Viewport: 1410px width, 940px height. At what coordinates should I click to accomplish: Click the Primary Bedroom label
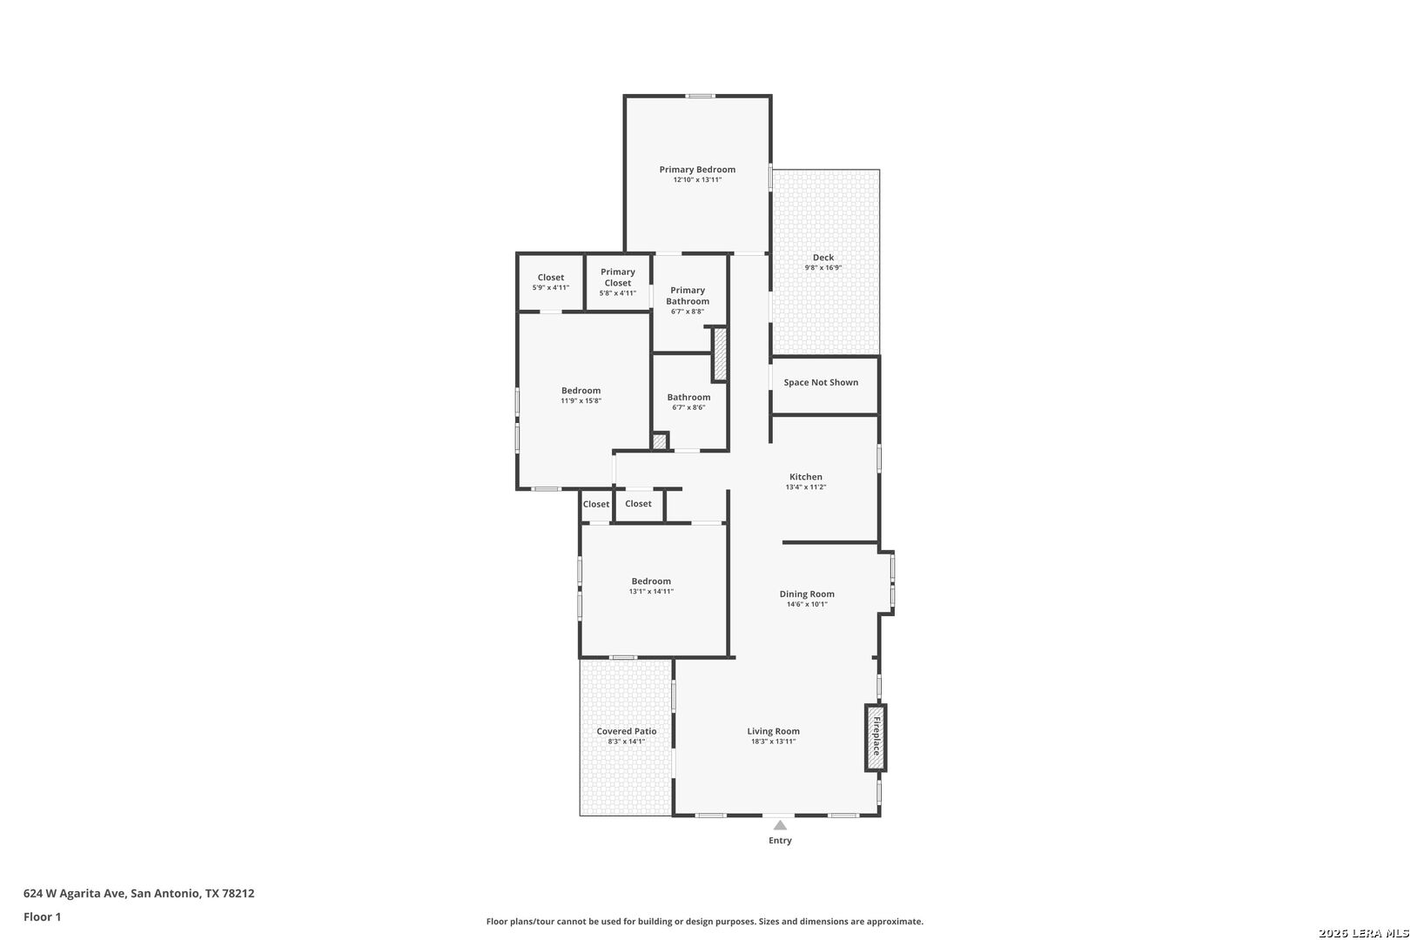(697, 170)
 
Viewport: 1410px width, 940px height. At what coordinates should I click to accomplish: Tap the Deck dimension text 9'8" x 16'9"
(822, 268)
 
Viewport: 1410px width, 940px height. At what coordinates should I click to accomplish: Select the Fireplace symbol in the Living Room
(876, 738)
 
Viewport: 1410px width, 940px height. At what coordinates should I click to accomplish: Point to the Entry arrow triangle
(780, 825)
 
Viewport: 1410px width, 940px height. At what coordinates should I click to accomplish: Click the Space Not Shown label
(821, 383)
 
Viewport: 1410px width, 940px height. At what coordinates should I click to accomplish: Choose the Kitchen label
(806, 477)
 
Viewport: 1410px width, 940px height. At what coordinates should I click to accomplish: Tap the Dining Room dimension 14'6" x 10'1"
(807, 604)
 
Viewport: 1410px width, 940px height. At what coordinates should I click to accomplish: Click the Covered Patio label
(627, 731)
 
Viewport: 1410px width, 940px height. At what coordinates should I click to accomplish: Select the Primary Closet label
(618, 277)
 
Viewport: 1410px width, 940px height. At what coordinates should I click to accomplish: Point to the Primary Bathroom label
(688, 296)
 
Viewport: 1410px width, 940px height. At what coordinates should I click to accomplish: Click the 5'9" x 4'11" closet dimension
(551, 288)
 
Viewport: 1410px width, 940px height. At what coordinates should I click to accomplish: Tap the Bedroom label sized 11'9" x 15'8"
(581, 391)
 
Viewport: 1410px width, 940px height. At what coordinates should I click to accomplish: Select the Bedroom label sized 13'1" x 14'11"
(651, 581)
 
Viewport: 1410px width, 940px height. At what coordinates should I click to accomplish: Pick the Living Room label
(773, 731)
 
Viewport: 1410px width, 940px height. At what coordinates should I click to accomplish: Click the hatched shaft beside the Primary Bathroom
(720, 354)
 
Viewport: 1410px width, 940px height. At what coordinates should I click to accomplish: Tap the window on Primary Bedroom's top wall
(700, 96)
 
